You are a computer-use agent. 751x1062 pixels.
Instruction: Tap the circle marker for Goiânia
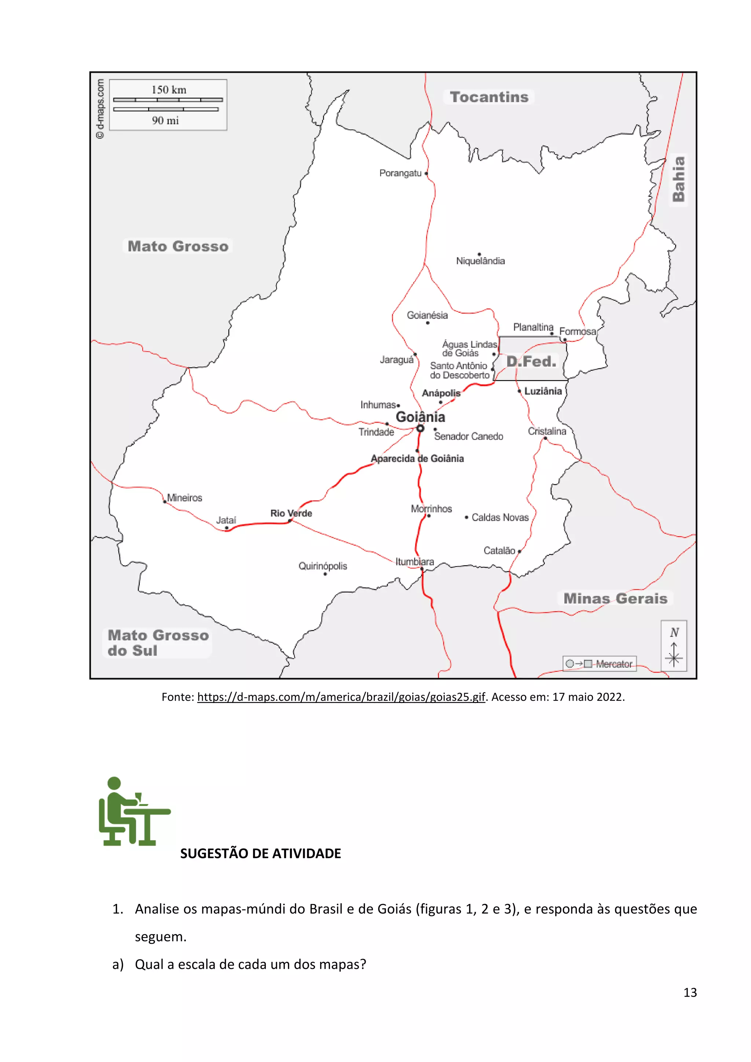click(420, 429)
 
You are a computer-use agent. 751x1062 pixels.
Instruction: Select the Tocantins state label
click(489, 97)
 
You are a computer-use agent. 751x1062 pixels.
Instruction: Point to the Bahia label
click(678, 179)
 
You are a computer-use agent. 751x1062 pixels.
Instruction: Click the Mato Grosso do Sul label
click(157, 642)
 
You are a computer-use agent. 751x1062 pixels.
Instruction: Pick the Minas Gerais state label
click(615, 598)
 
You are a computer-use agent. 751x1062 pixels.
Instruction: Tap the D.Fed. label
click(531, 361)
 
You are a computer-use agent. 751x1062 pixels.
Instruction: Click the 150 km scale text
click(169, 90)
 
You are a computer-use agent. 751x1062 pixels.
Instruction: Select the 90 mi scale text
click(165, 121)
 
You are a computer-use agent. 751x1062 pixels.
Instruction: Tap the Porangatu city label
click(400, 173)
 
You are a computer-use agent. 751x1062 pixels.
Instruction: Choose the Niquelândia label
click(480, 261)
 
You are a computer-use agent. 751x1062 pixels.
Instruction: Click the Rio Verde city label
click(291, 513)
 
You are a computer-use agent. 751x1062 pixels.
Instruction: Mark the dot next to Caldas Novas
click(466, 517)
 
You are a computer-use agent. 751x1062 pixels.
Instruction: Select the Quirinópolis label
click(323, 566)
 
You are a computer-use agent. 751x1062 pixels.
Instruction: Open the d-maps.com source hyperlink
click(341, 697)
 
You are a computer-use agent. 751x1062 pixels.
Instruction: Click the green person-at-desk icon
click(134, 811)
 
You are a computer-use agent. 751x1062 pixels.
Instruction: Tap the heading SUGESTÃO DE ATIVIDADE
click(260, 853)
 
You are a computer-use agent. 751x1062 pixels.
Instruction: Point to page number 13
click(690, 992)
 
